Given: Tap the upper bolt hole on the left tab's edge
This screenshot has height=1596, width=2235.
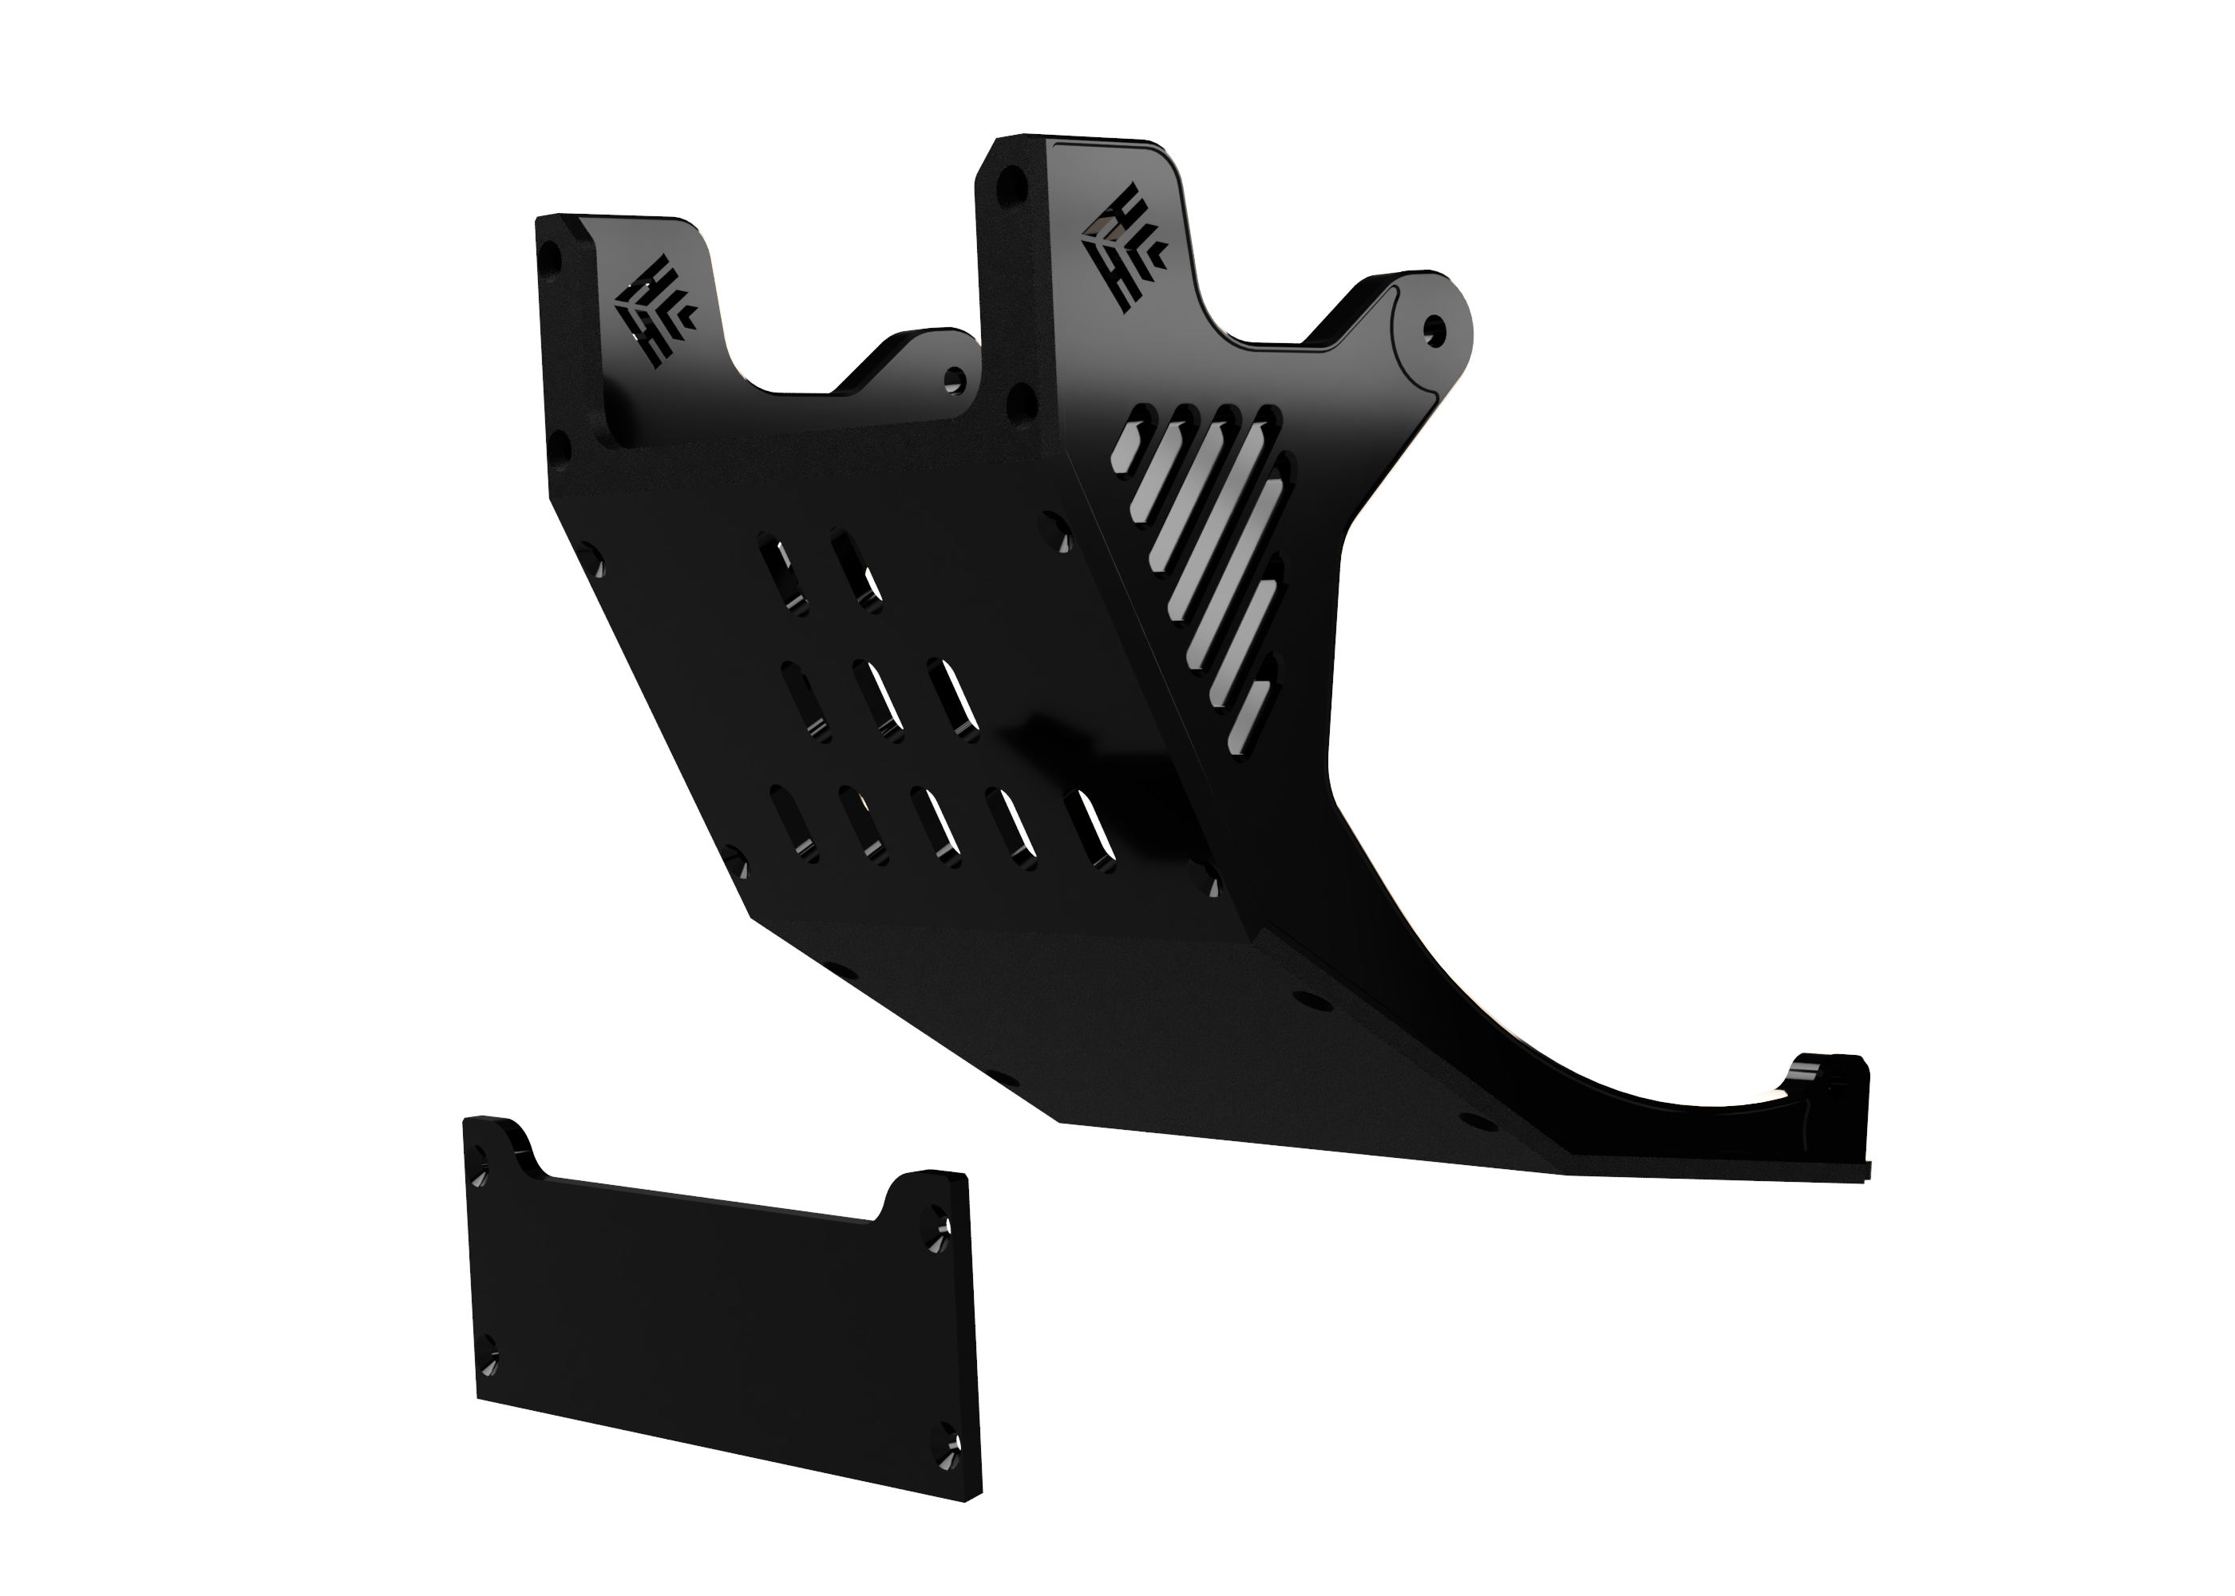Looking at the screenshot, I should coord(551,259).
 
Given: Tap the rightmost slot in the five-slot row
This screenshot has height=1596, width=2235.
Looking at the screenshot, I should coord(1092,828).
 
